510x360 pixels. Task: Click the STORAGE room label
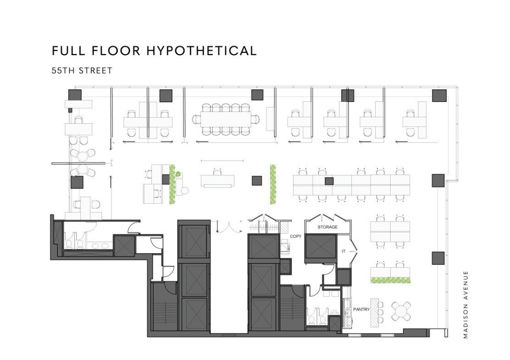coord(327,227)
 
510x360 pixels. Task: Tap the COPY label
coord(295,237)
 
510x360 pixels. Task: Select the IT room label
coord(344,251)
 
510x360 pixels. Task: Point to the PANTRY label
coord(361,309)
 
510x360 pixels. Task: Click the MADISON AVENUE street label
coord(466,305)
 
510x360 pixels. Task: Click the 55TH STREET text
coord(82,71)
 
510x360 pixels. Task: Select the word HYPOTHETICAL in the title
coord(202,51)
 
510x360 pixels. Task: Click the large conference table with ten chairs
coord(226,119)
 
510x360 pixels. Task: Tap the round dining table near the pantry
coord(401,311)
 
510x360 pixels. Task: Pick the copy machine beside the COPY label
coord(285,247)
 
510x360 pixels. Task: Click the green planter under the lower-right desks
coord(390,280)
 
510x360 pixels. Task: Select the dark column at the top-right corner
coord(439,95)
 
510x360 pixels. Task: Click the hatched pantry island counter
coord(374,312)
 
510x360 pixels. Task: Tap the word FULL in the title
coord(68,51)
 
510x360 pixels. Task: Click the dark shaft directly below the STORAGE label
coord(321,247)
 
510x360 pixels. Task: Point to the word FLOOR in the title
coord(116,51)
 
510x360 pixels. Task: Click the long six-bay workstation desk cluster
coord(351,185)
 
